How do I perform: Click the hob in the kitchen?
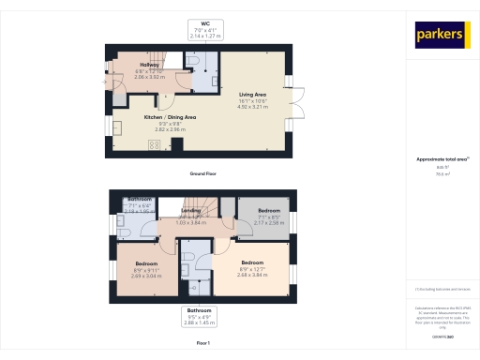[153, 144]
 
